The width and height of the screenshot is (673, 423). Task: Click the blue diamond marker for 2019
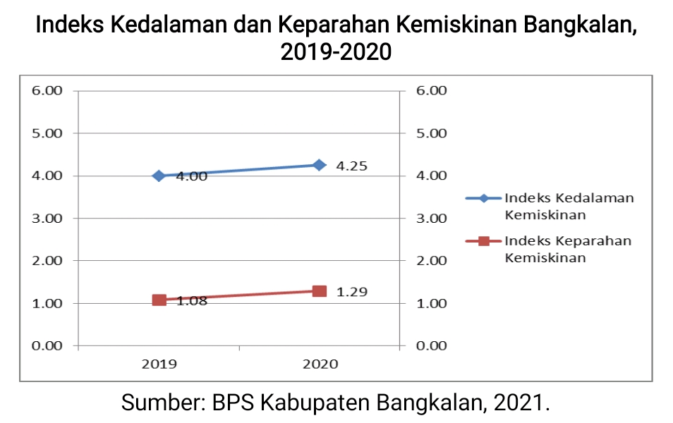click(x=159, y=176)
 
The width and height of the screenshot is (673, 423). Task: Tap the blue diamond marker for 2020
click(x=319, y=165)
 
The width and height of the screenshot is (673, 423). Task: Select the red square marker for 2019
click(x=159, y=300)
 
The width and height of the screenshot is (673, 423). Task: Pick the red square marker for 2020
click(x=319, y=291)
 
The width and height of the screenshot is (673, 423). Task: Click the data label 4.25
click(x=351, y=166)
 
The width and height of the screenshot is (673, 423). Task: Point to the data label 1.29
click(x=351, y=292)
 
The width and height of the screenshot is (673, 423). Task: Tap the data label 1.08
click(x=192, y=301)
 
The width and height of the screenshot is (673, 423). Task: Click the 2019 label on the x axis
click(x=159, y=364)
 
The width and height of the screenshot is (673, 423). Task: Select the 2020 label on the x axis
click(x=320, y=364)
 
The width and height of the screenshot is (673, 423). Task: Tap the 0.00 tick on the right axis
click(x=432, y=345)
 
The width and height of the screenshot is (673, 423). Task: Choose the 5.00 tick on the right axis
click(x=432, y=133)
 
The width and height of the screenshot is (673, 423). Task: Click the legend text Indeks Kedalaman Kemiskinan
click(x=569, y=206)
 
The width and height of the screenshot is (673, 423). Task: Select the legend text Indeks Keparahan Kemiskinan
click(x=567, y=249)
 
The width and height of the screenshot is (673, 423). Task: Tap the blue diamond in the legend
click(x=484, y=198)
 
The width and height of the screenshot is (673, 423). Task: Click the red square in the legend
click(x=484, y=241)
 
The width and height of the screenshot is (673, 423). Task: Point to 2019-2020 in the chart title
click(x=336, y=51)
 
